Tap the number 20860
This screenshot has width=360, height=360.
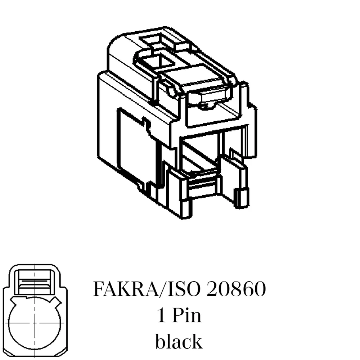(x=236, y=289)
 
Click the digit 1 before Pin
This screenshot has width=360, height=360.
(x=161, y=315)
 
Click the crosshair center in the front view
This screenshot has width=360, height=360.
(x=35, y=323)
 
